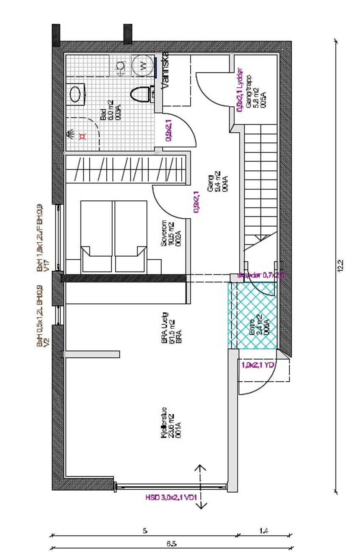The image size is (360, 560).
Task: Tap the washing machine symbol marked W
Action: point(143,66)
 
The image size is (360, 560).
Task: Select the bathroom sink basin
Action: point(77,94)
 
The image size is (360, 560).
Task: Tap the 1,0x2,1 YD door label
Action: point(258,365)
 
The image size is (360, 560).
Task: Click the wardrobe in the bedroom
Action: point(126,169)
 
